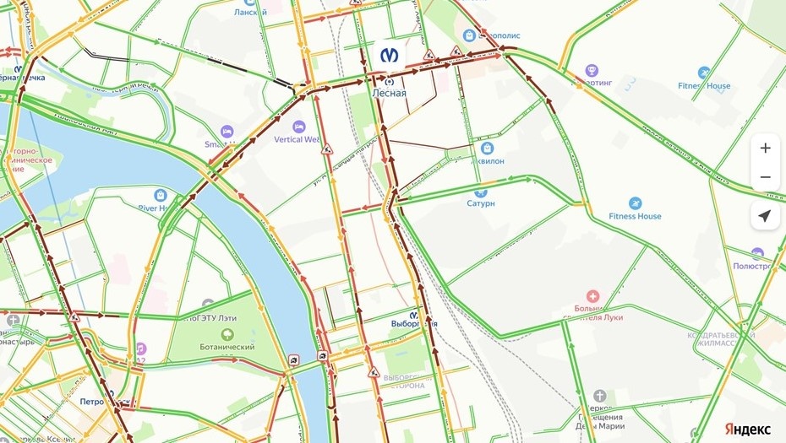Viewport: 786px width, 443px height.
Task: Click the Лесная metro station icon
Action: pyautogui.click(x=389, y=55)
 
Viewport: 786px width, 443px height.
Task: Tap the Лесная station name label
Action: pyautogui.click(x=390, y=94)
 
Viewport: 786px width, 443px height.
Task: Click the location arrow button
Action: pyautogui.click(x=765, y=216)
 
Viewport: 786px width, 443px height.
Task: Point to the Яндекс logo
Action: pyautogui.click(x=748, y=429)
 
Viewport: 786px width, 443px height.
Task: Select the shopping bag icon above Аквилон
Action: pyautogui.click(x=488, y=148)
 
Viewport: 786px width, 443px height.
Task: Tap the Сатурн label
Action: pyautogui.click(x=481, y=203)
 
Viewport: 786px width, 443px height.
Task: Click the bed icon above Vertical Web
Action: pyautogui.click(x=298, y=127)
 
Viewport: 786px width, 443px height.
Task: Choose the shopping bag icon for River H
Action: pyautogui.click(x=160, y=195)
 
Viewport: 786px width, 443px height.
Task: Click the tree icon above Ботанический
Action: pyautogui.click(x=227, y=334)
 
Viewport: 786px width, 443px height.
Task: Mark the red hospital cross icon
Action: pyautogui.click(x=593, y=296)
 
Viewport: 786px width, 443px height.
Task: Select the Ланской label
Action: pyautogui.click(x=249, y=12)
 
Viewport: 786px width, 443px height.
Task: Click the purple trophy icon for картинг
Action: pyautogui.click(x=592, y=70)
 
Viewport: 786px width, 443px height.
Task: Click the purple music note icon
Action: pyautogui.click(x=140, y=348)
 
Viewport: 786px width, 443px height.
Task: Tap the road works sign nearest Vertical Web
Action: pyautogui.click(x=327, y=149)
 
